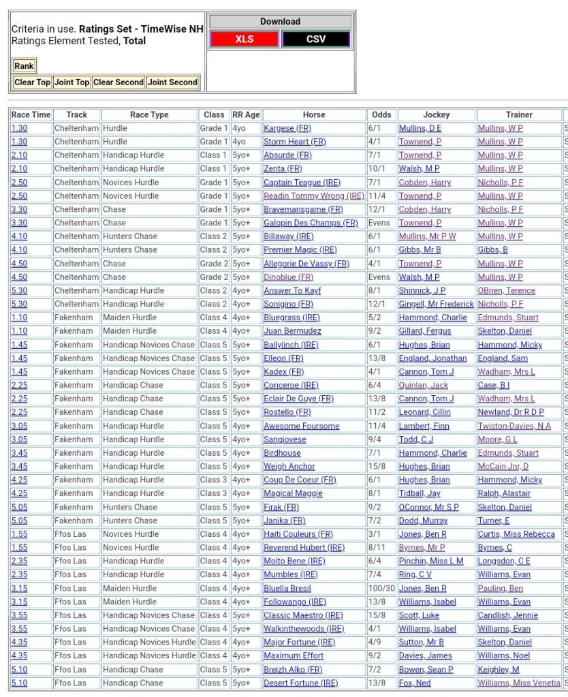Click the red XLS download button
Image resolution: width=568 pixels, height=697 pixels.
click(244, 40)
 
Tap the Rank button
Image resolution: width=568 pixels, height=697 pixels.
click(24, 66)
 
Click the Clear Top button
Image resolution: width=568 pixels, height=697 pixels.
click(32, 82)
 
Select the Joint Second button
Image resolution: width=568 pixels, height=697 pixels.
click(172, 82)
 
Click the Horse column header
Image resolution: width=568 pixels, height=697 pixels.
click(314, 114)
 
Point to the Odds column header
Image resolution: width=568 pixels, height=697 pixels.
click(381, 114)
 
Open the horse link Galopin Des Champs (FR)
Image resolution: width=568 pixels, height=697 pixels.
click(311, 223)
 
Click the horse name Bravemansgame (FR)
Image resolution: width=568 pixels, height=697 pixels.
click(303, 209)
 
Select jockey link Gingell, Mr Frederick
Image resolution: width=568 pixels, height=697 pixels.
click(436, 304)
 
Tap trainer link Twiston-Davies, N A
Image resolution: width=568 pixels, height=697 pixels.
click(514, 426)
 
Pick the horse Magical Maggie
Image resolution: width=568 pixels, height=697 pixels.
click(293, 493)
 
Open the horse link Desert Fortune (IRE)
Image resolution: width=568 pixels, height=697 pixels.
click(300, 683)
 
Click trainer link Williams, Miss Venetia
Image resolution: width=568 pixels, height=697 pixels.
click(518, 683)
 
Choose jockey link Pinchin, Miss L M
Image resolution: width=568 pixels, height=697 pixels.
click(431, 561)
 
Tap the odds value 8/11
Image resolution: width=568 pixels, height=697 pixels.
click(377, 548)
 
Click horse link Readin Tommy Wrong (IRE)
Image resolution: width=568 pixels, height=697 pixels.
click(314, 196)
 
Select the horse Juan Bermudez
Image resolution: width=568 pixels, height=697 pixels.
click(292, 331)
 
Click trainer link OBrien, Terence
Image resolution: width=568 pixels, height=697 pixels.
click(506, 290)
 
